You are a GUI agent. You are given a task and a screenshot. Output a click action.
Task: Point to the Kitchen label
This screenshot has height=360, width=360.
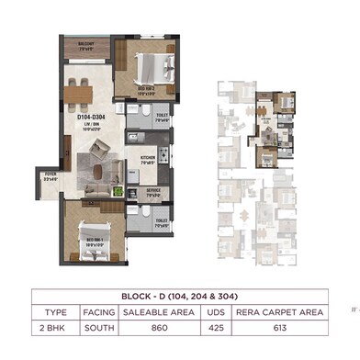tap(148, 158)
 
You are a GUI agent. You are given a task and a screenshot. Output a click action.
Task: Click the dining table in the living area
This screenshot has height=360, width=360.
tap(79, 89)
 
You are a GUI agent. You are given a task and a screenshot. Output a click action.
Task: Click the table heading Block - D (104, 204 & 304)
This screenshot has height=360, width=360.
tap(180, 297)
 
